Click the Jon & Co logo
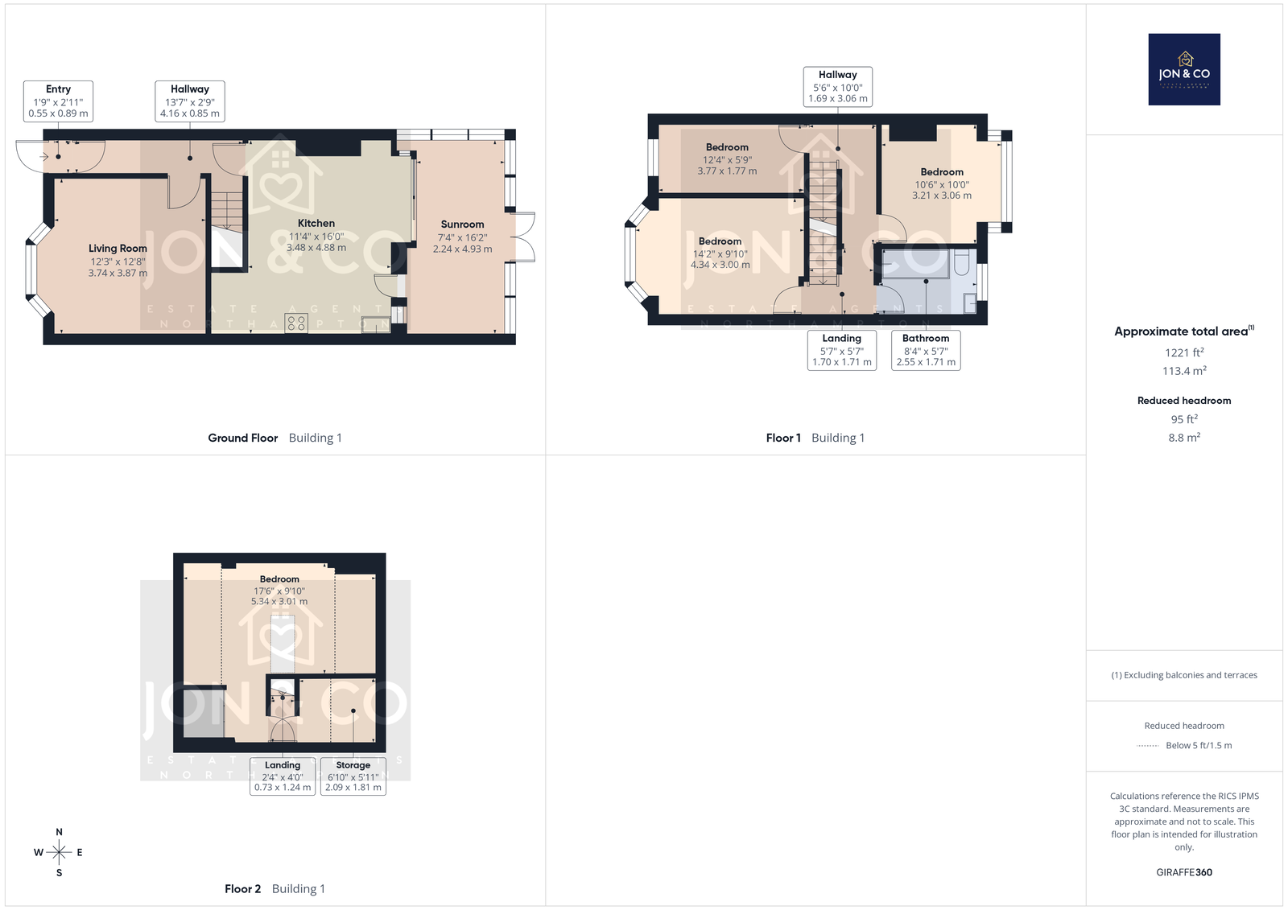[1184, 69]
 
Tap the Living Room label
[118, 249]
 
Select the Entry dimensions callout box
[58, 101]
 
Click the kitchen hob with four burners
[296, 323]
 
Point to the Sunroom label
[462, 224]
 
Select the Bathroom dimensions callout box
[926, 350]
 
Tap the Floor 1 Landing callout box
[842, 350]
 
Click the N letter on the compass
[59, 832]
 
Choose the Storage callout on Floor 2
[353, 776]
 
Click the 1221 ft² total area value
[1184, 352]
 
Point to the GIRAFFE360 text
[1184, 872]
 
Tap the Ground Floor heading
[242, 438]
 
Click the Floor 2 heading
[242, 889]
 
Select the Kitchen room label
[316, 223]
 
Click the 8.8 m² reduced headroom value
[1184, 438]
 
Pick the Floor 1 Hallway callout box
[838, 87]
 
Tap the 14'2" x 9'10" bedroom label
[720, 253]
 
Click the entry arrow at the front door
[44, 156]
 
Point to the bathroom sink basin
[970, 303]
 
